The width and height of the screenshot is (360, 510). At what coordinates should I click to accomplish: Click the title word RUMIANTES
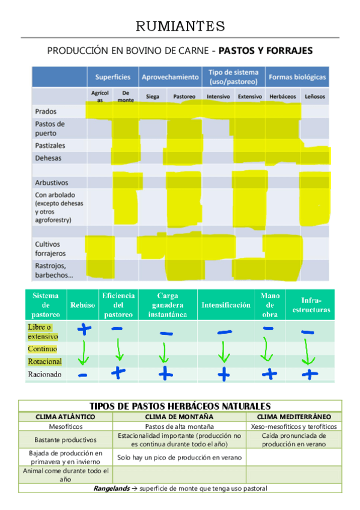(180, 26)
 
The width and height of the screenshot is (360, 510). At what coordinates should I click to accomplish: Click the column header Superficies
(112, 77)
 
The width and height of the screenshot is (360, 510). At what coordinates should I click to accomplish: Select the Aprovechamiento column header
(170, 77)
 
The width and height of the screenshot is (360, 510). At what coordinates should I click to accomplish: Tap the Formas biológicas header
(297, 77)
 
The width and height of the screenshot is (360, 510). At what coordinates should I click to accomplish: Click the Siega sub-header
(153, 96)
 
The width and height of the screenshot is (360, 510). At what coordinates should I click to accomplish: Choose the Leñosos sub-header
(315, 96)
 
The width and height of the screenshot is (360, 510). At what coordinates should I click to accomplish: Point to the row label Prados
(46, 111)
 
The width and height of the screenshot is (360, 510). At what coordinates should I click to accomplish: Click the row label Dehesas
(49, 158)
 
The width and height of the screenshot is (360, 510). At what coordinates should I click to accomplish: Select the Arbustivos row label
(52, 182)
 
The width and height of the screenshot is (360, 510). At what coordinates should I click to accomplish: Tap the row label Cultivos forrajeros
(50, 248)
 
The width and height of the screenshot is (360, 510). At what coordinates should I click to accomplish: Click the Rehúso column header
(83, 305)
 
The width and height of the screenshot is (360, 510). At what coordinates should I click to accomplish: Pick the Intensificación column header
(226, 305)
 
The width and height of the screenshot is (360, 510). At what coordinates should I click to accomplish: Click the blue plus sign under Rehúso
(83, 329)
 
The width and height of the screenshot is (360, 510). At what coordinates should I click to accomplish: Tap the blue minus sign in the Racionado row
(83, 374)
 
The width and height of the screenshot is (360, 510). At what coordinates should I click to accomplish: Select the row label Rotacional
(44, 361)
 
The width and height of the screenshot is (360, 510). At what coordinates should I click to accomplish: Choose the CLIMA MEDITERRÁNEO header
(294, 416)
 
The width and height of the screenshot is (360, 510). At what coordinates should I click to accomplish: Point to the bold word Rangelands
(112, 488)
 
